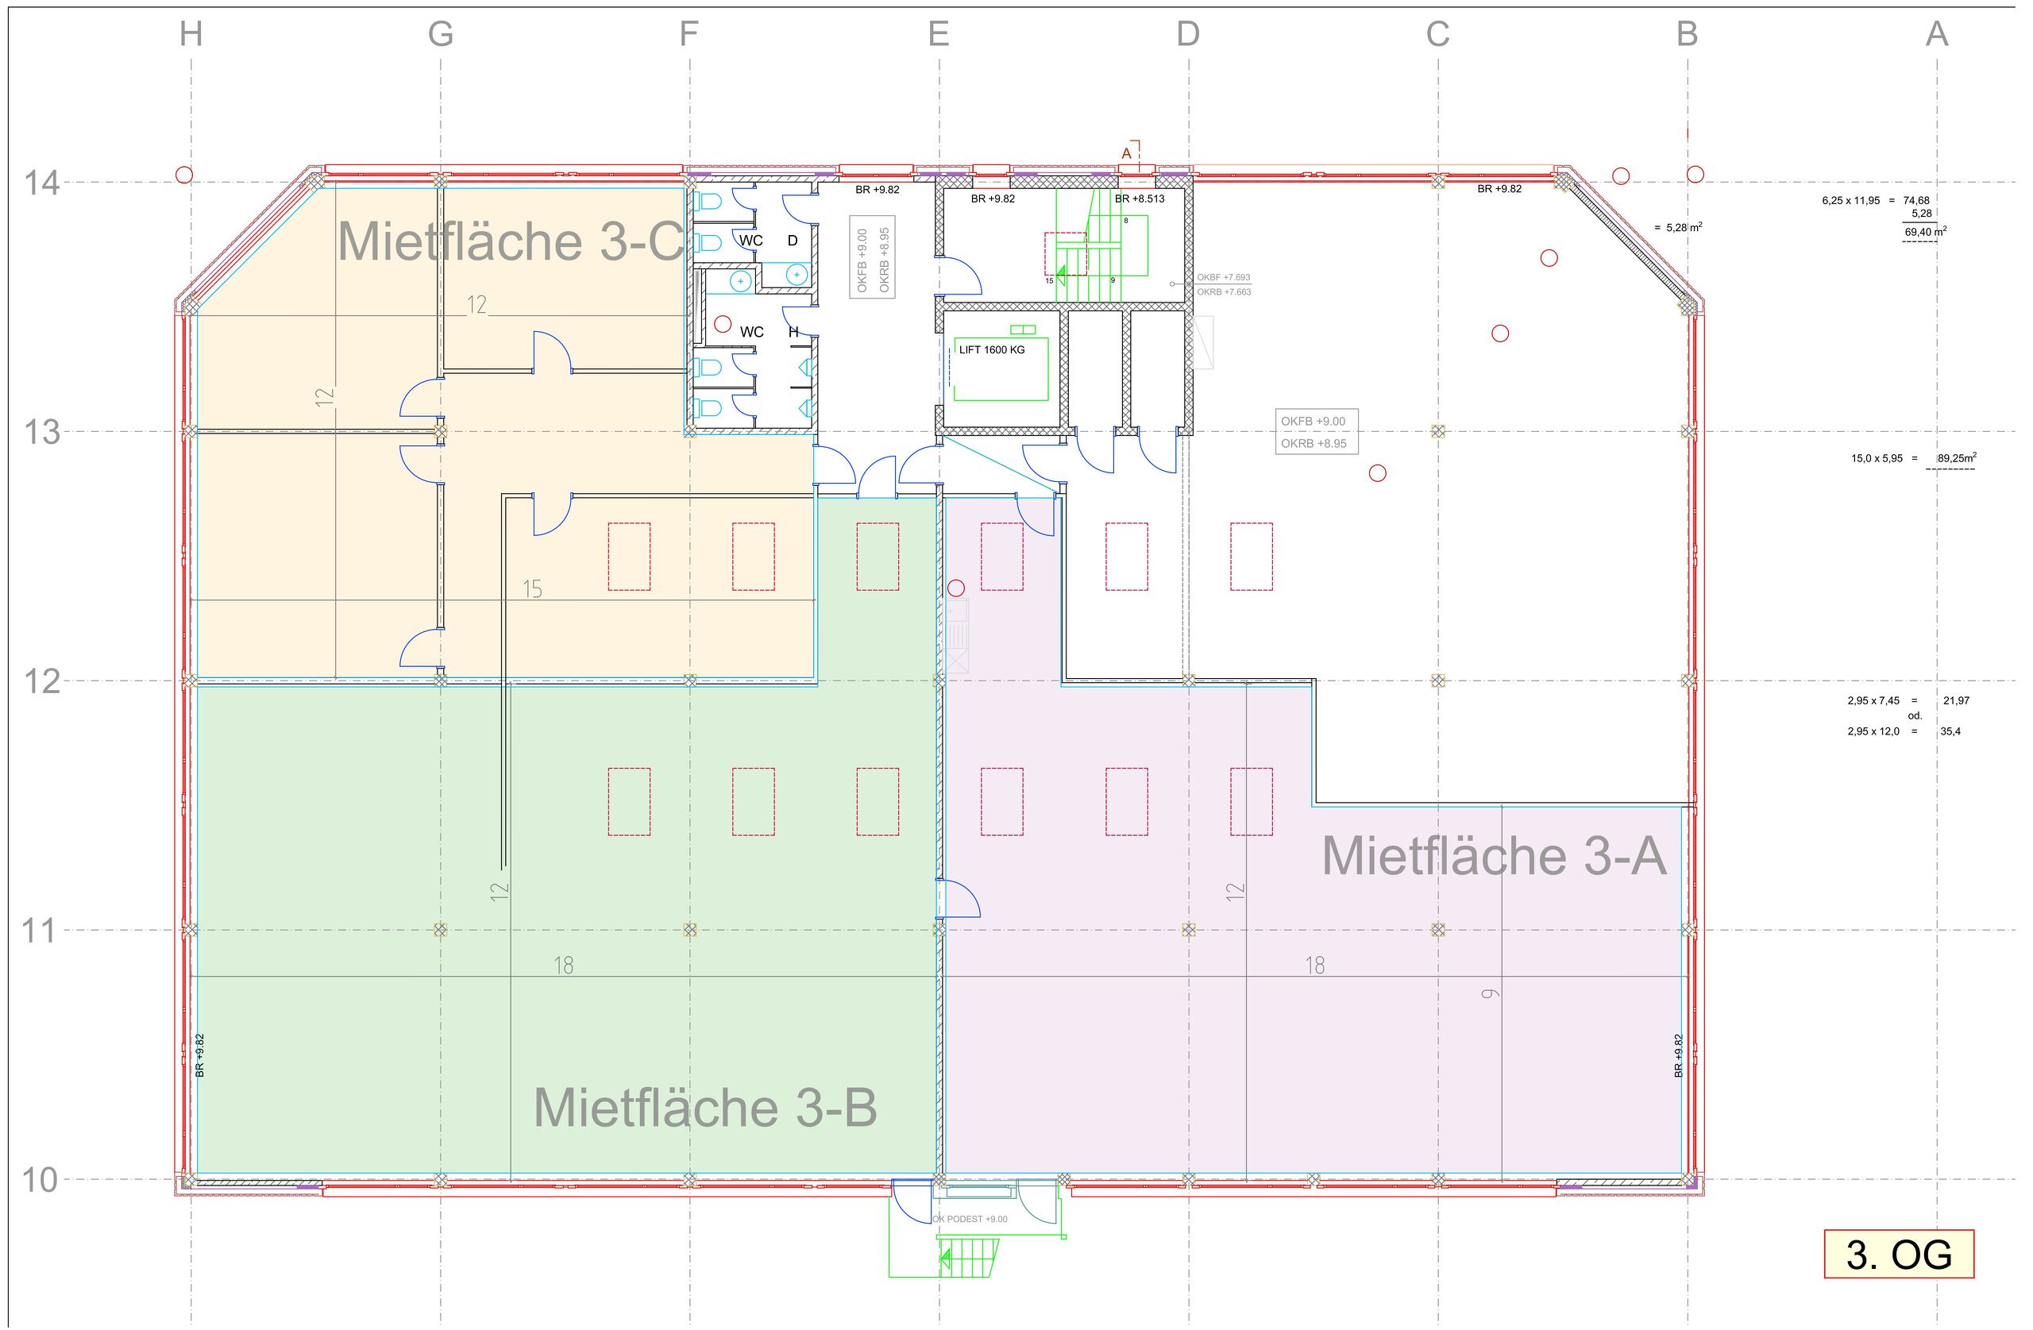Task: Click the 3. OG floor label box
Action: click(1898, 1254)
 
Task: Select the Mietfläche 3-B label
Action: click(704, 1107)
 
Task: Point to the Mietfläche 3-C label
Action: click(511, 241)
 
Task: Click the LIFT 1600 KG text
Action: click(991, 349)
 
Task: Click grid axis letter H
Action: click(191, 34)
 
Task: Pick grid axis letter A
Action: click(1936, 34)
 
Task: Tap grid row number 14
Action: click(41, 183)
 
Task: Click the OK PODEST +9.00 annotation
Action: click(970, 1219)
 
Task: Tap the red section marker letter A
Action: click(1126, 154)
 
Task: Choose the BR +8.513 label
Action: click(1139, 199)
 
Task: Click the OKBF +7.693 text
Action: click(1223, 278)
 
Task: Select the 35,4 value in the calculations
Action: click(1950, 731)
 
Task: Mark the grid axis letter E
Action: click(938, 34)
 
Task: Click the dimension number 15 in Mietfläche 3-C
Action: click(532, 588)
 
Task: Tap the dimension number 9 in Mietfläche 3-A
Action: click(1491, 993)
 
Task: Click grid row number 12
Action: click(41, 681)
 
